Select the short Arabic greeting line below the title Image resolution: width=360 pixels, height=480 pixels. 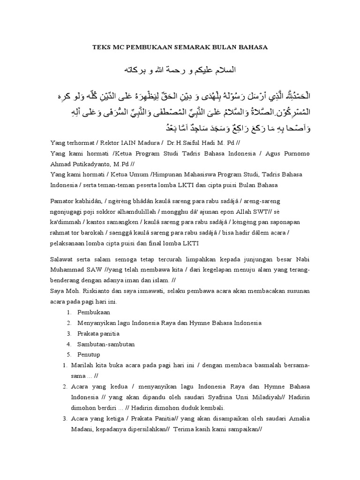pos(180,70)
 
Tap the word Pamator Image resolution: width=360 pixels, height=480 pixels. pos(62,201)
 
